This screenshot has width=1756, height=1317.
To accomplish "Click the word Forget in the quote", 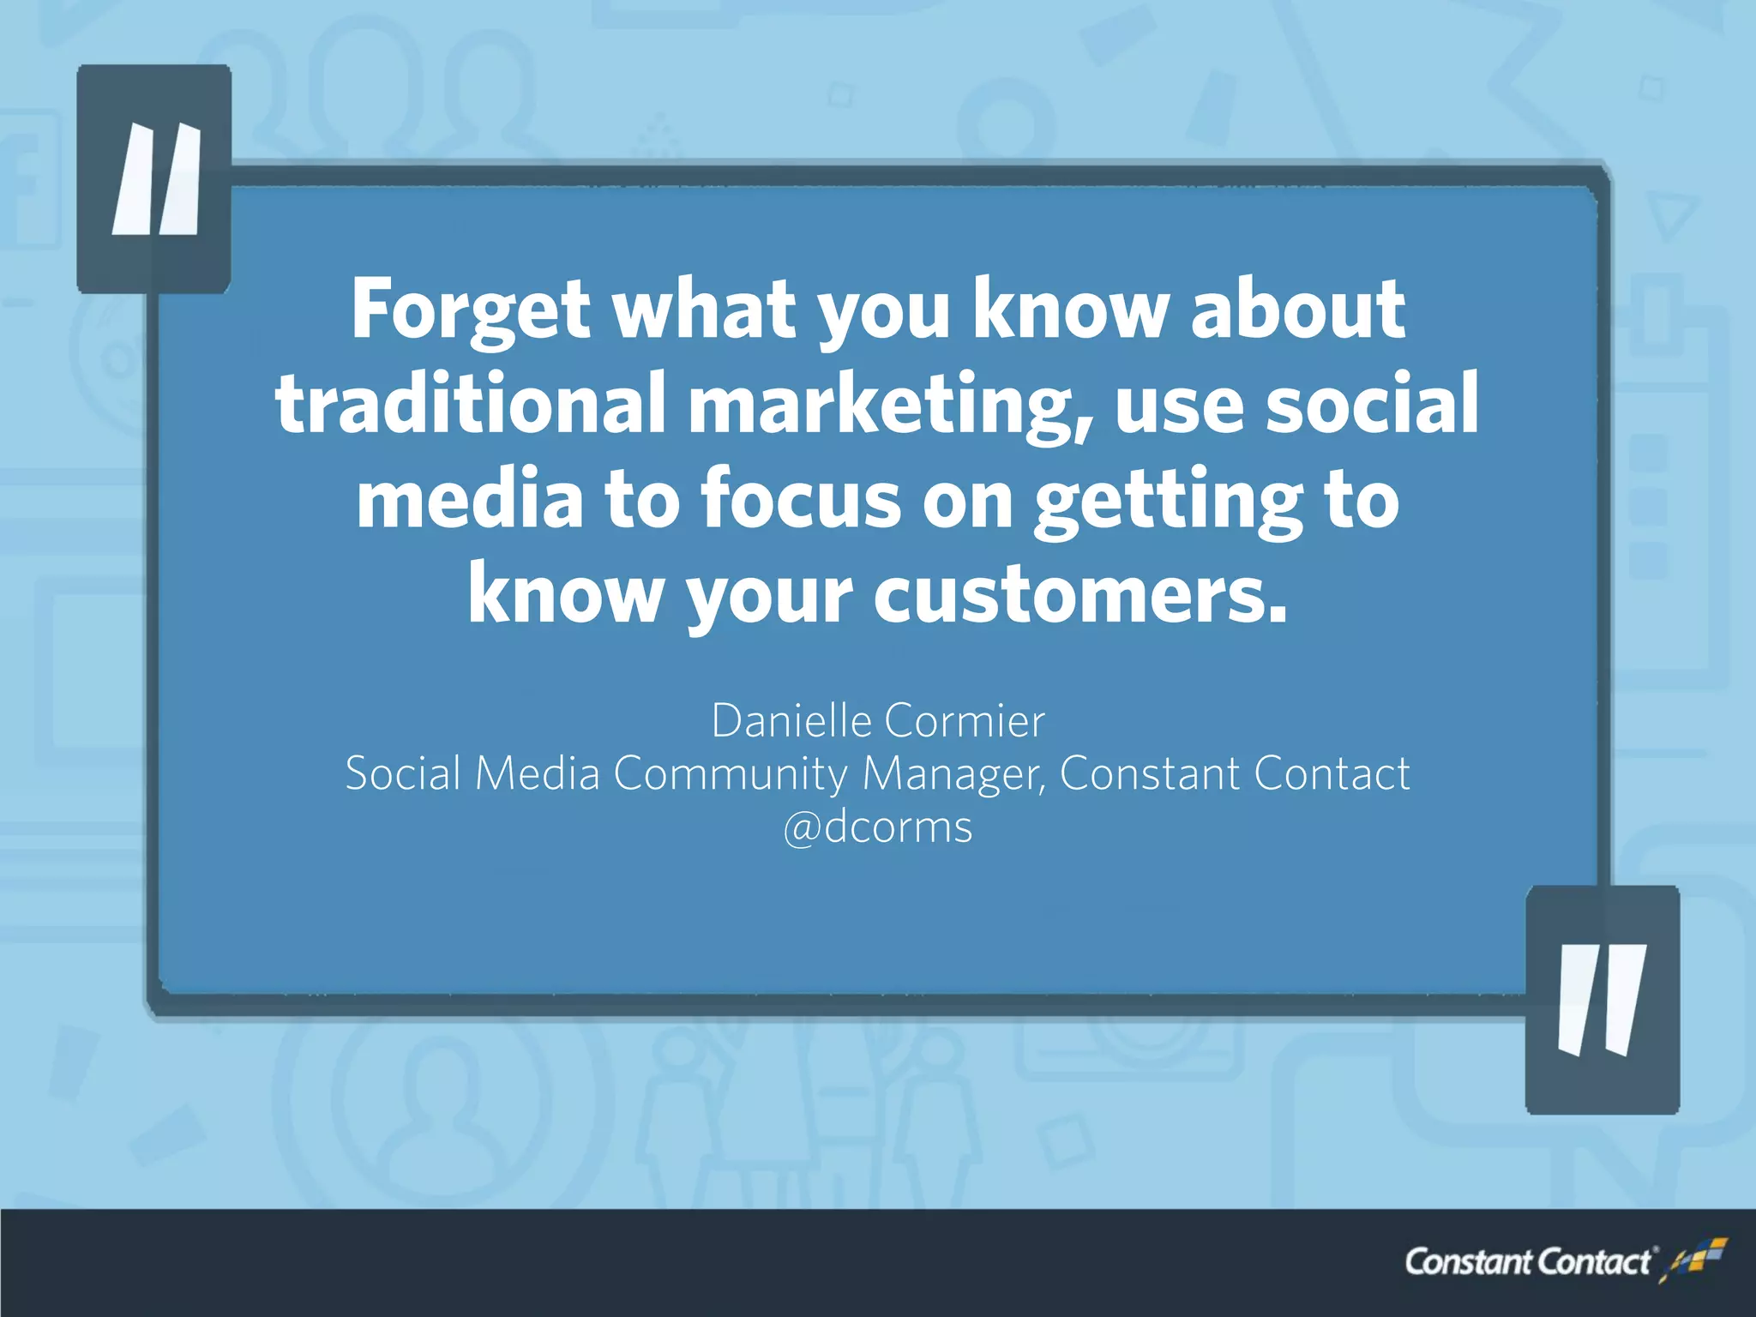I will pos(470,310).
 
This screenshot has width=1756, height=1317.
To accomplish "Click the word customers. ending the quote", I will pos(1080,594).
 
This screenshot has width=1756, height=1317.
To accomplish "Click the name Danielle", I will pos(791,720).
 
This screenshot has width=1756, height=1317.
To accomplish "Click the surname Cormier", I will pos(965,720).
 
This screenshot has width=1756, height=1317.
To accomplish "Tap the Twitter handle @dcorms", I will pos(878,827).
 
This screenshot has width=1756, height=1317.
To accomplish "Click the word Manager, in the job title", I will pos(953,774).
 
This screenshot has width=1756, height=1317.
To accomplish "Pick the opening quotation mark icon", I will pos(155,179).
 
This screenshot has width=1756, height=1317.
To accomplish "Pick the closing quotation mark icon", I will pos(1602,1000).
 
